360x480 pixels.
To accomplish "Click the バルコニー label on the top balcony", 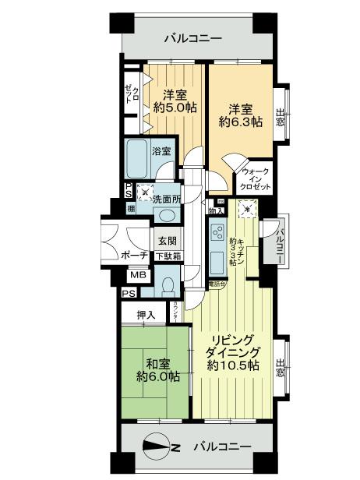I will (192, 39).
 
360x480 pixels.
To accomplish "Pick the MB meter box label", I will (137, 275).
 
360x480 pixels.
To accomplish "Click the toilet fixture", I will (168, 285).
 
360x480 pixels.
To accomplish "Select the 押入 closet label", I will (146, 315).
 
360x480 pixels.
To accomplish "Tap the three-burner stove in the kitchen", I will (216, 233).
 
